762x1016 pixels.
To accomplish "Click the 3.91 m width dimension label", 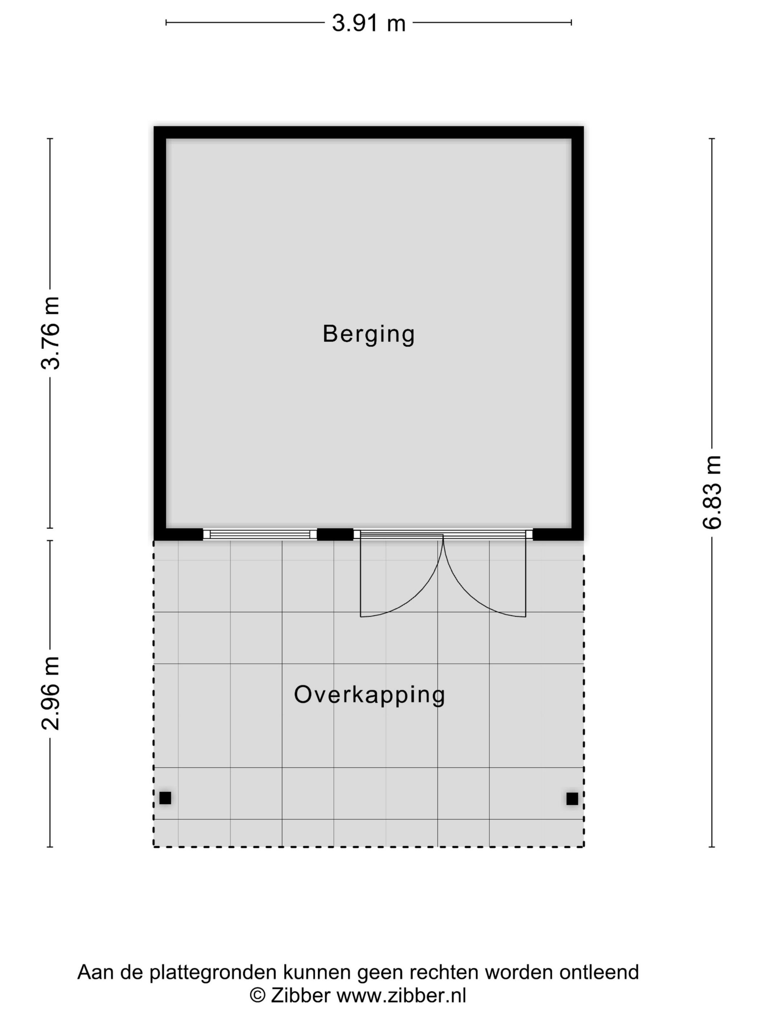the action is click(368, 23).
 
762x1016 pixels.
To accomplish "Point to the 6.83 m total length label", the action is click(712, 492).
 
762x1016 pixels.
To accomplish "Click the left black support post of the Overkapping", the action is click(165, 798).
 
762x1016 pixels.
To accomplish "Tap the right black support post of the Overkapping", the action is click(572, 799).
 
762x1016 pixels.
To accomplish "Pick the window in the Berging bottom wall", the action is click(260, 534).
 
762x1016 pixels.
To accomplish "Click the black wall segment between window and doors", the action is click(335, 534).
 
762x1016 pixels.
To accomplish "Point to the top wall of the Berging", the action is click(368, 132).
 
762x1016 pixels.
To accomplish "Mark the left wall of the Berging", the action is click(160, 333).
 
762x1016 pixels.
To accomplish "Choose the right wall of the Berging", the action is click(578, 333).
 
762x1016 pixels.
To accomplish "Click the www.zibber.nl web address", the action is click(401, 996).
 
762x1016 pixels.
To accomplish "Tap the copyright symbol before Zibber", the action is click(257, 996).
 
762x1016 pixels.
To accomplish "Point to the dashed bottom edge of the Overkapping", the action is click(368, 847).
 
